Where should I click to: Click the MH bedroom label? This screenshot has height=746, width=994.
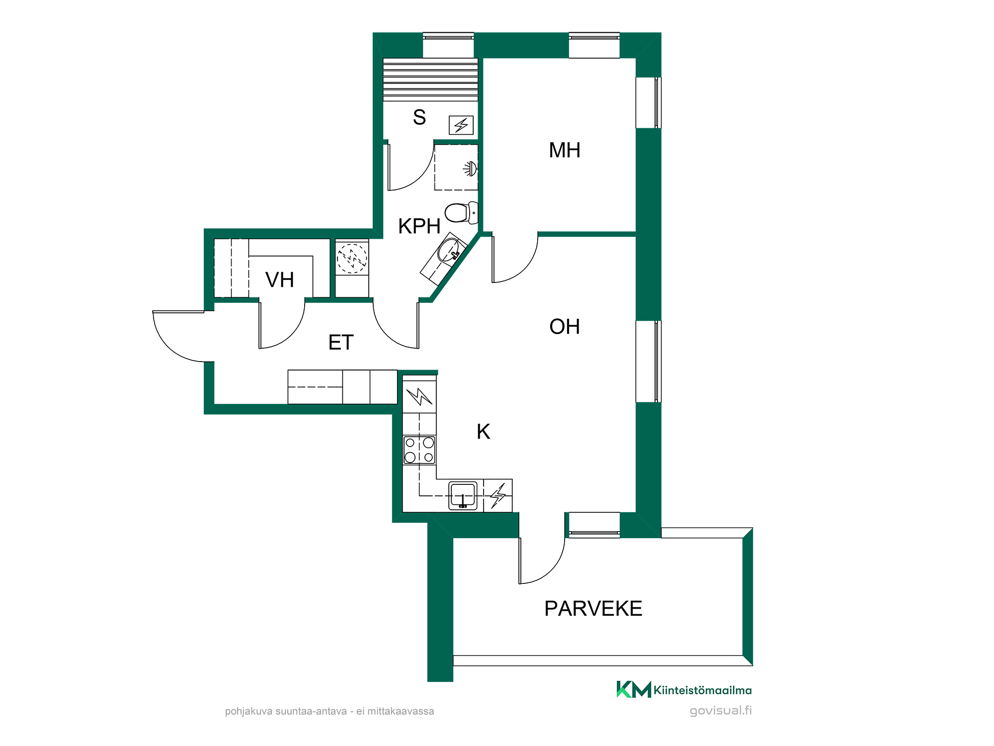pyautogui.click(x=565, y=150)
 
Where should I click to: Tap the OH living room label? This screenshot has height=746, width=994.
pyautogui.click(x=565, y=327)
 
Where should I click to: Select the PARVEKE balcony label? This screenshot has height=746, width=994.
pyautogui.click(x=593, y=609)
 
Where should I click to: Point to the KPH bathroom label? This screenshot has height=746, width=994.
pyautogui.click(x=419, y=226)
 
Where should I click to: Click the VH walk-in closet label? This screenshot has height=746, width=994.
pyautogui.click(x=280, y=280)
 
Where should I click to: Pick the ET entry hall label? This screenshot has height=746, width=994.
pyautogui.click(x=341, y=343)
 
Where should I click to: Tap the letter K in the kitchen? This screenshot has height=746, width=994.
pyautogui.click(x=483, y=432)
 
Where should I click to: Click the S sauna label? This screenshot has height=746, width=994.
pyautogui.click(x=419, y=117)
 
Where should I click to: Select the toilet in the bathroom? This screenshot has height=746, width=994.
pyautogui.click(x=461, y=212)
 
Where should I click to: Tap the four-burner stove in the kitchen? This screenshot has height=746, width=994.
pyautogui.click(x=419, y=450)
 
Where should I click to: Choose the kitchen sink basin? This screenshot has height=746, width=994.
pyautogui.click(x=463, y=495)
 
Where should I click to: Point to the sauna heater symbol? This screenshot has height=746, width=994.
pyautogui.click(x=461, y=125)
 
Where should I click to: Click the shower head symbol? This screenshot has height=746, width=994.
pyautogui.click(x=471, y=169)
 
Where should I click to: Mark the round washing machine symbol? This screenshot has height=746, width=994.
pyautogui.click(x=352, y=259)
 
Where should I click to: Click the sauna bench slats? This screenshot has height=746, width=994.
pyautogui.click(x=430, y=80)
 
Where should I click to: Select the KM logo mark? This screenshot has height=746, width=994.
pyautogui.click(x=634, y=689)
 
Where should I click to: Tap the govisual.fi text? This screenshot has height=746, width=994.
pyautogui.click(x=721, y=710)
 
